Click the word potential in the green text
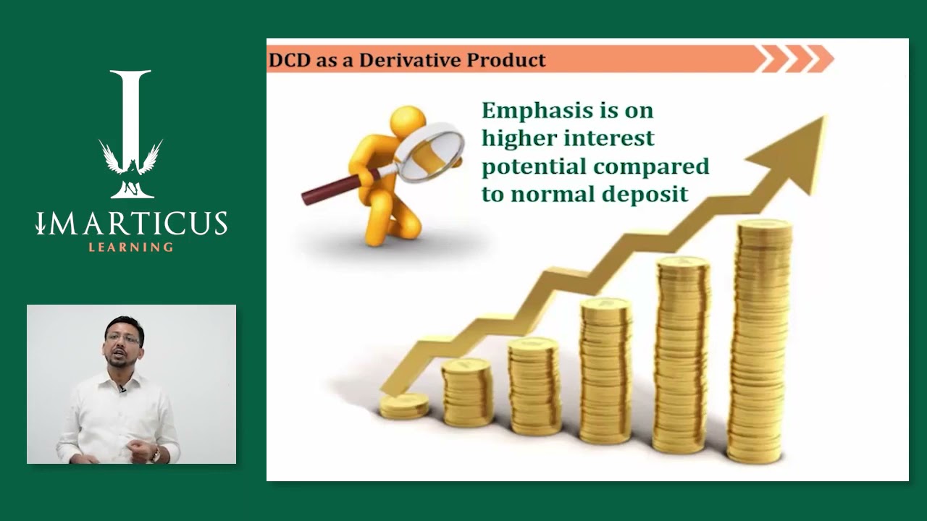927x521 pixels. pyautogui.click(x=534, y=166)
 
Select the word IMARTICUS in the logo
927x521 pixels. pyautogui.click(x=132, y=224)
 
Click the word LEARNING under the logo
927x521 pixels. pyautogui.click(x=131, y=247)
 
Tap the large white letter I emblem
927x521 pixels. pyautogui.click(x=131, y=134)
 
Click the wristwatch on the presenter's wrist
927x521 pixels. pyautogui.click(x=155, y=454)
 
